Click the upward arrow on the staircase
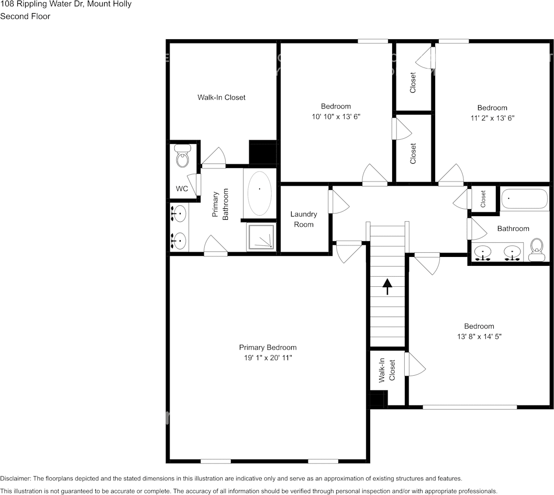[x=387, y=286]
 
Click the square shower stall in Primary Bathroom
[x=261, y=237]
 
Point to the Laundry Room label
[x=304, y=219]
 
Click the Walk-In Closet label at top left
[x=221, y=97]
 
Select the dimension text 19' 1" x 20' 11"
[x=268, y=358]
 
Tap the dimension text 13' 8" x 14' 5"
[x=479, y=336]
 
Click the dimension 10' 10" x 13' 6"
[x=336, y=117]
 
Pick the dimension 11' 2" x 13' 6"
[x=492, y=118]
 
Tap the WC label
[x=182, y=189]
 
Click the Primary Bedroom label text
[x=268, y=347]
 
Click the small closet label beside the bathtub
[x=483, y=198]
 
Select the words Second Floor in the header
[x=25, y=16]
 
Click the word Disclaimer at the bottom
[x=16, y=479]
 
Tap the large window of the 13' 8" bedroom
[x=470, y=406]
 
